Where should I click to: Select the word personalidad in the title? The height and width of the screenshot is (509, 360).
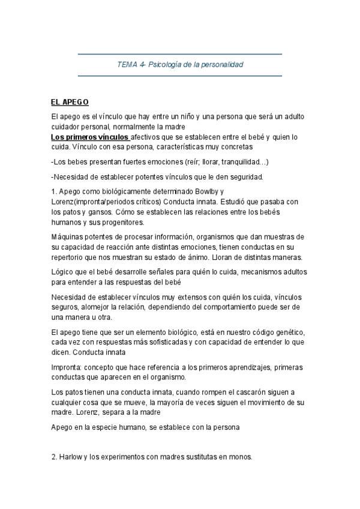point(221,64)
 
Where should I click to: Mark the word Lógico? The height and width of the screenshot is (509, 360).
point(64,272)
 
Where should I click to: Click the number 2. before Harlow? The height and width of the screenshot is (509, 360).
point(55,457)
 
